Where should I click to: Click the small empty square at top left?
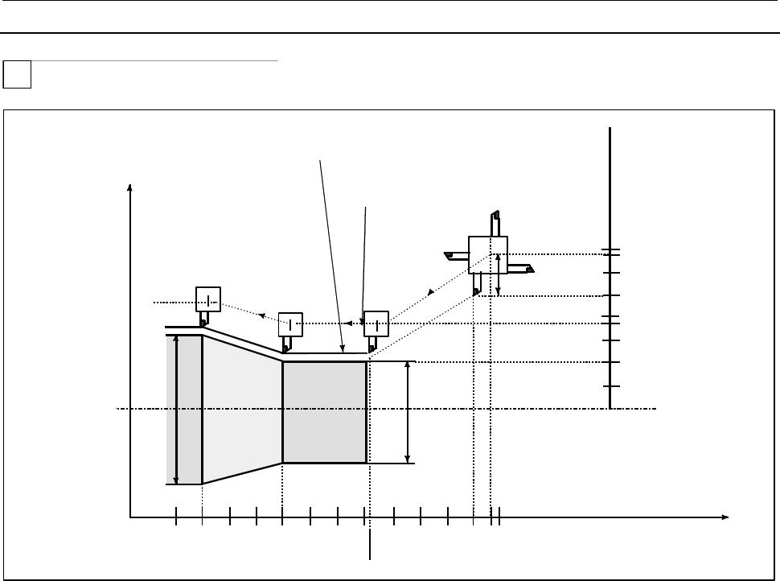pyautogui.click(x=18, y=75)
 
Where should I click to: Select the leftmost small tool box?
pyautogui.click(x=208, y=299)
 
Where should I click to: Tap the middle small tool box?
pyautogui.click(x=290, y=323)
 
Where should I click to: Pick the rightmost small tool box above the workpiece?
pyautogui.click(x=376, y=323)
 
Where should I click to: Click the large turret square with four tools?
pyautogui.click(x=488, y=254)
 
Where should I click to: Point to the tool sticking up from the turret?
pyautogui.click(x=496, y=223)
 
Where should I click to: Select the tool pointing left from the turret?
pyautogui.click(x=456, y=257)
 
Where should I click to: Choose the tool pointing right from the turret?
pyautogui.click(x=520, y=267)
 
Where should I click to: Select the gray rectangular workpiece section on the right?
pyautogui.click(x=325, y=412)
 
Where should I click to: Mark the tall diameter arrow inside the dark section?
pyautogui.click(x=177, y=410)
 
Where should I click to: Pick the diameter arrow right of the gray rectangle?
pyautogui.click(x=408, y=412)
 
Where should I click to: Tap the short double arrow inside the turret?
pyautogui.click(x=499, y=275)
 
